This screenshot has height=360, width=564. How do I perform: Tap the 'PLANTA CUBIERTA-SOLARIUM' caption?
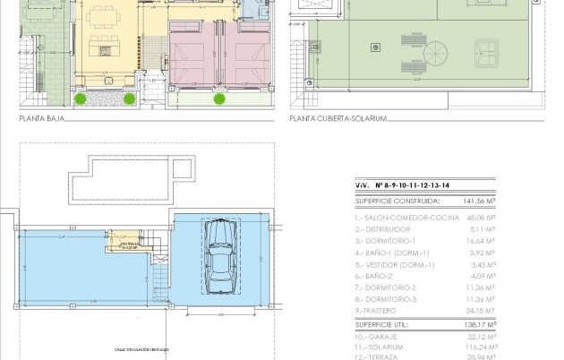(x=338, y=117)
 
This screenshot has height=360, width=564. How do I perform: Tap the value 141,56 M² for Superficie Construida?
(x=479, y=201)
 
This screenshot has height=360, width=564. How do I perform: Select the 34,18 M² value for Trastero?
(x=483, y=311)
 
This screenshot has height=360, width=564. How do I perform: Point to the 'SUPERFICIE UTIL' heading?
(x=383, y=327)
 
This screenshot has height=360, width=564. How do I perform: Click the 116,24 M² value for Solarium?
(x=481, y=346)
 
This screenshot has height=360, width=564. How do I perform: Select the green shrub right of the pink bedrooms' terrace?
(x=218, y=99)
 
